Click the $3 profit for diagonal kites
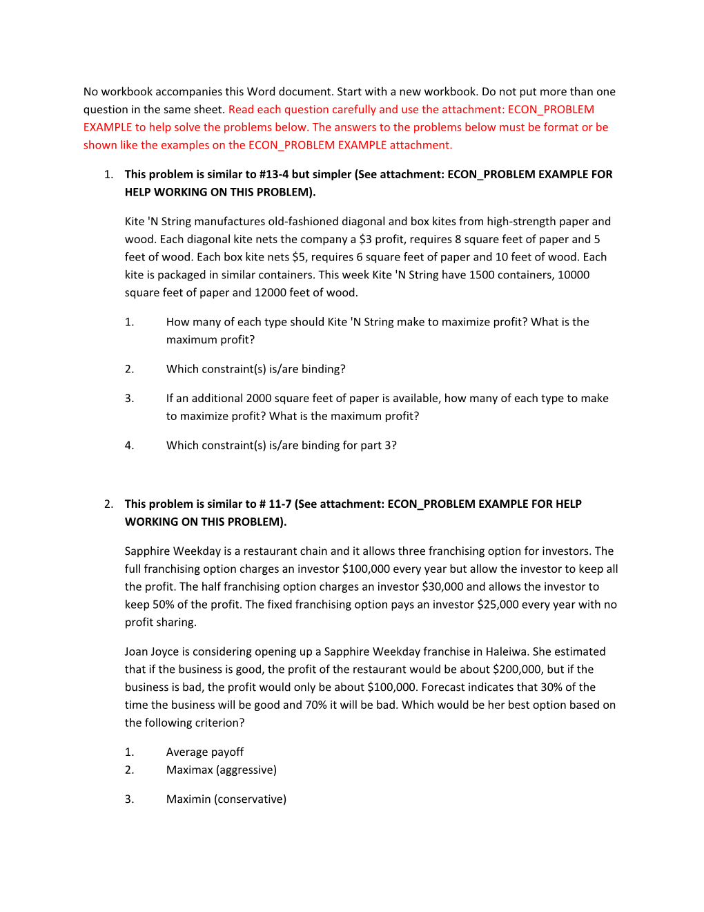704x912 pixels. click(x=365, y=239)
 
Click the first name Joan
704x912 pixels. click(x=137, y=652)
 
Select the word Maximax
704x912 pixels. click(x=190, y=770)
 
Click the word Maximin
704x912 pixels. click(x=188, y=799)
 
